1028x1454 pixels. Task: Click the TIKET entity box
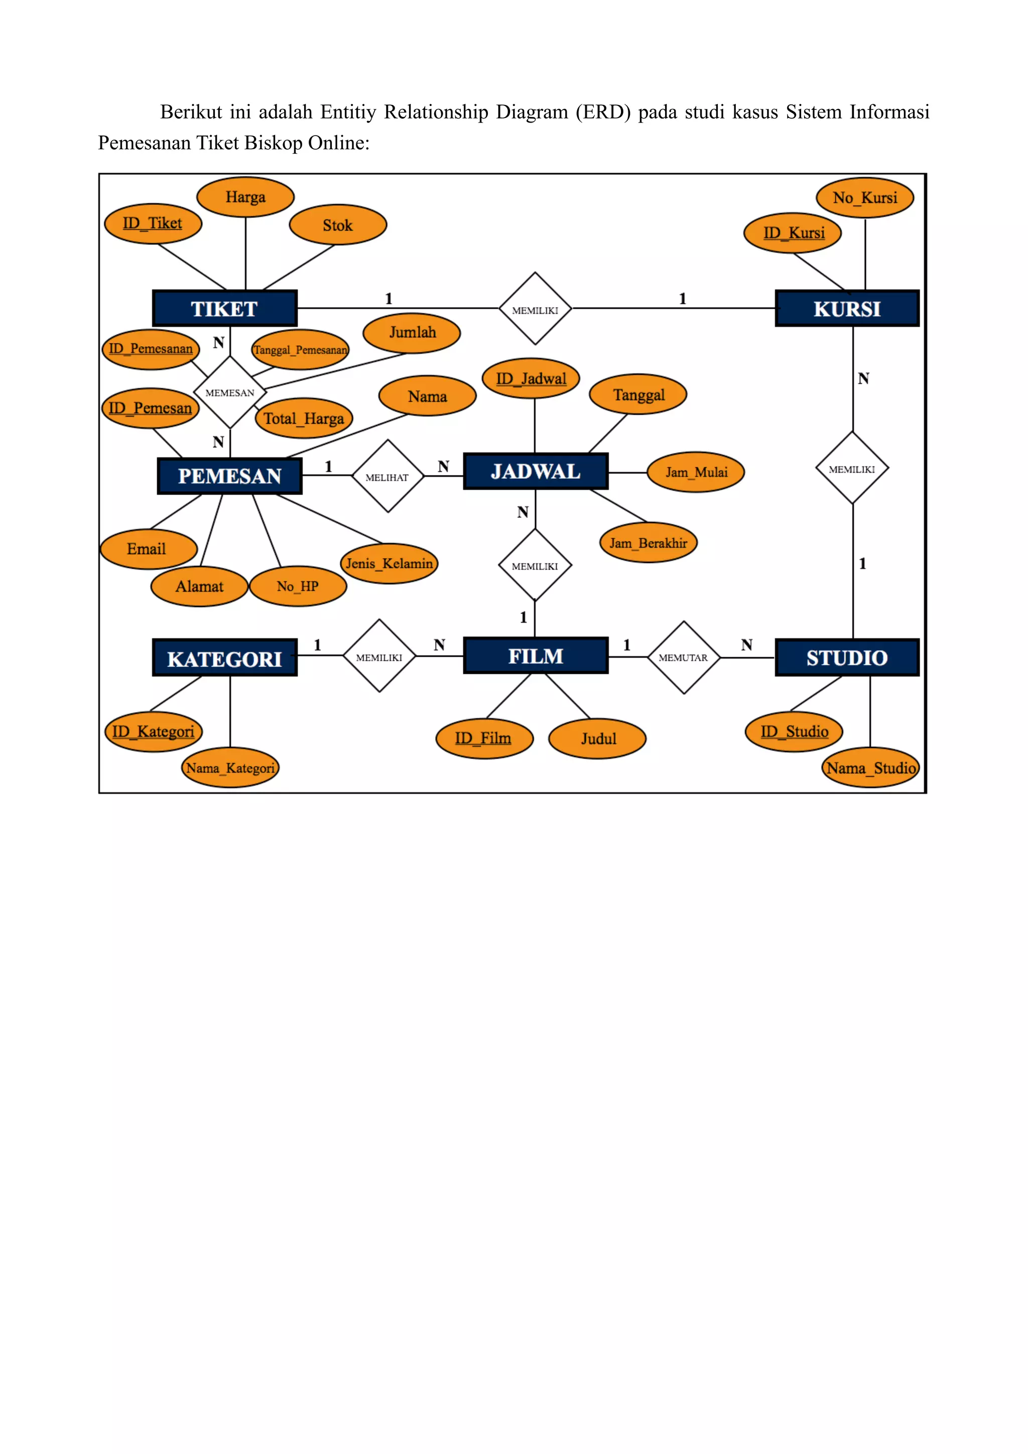[x=225, y=308]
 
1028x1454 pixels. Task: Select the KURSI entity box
[x=847, y=308]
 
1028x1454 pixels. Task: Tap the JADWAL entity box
[x=536, y=471]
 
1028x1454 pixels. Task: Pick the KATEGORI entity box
[x=225, y=659]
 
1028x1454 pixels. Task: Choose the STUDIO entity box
[x=847, y=657]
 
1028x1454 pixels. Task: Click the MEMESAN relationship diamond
[x=230, y=393]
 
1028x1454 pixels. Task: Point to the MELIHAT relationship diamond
[x=388, y=476]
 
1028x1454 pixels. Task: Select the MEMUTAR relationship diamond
[x=684, y=657]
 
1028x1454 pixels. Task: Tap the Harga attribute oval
[x=245, y=197]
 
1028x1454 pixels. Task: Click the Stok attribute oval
[x=337, y=225]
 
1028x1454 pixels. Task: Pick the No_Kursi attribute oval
[x=865, y=198]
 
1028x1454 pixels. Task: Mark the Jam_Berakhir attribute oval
[x=648, y=543]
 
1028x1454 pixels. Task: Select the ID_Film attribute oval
[x=483, y=738]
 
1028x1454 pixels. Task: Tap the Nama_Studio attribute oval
[x=871, y=768]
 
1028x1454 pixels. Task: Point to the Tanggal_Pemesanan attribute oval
[x=301, y=349]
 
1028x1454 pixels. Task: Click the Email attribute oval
[x=147, y=548]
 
